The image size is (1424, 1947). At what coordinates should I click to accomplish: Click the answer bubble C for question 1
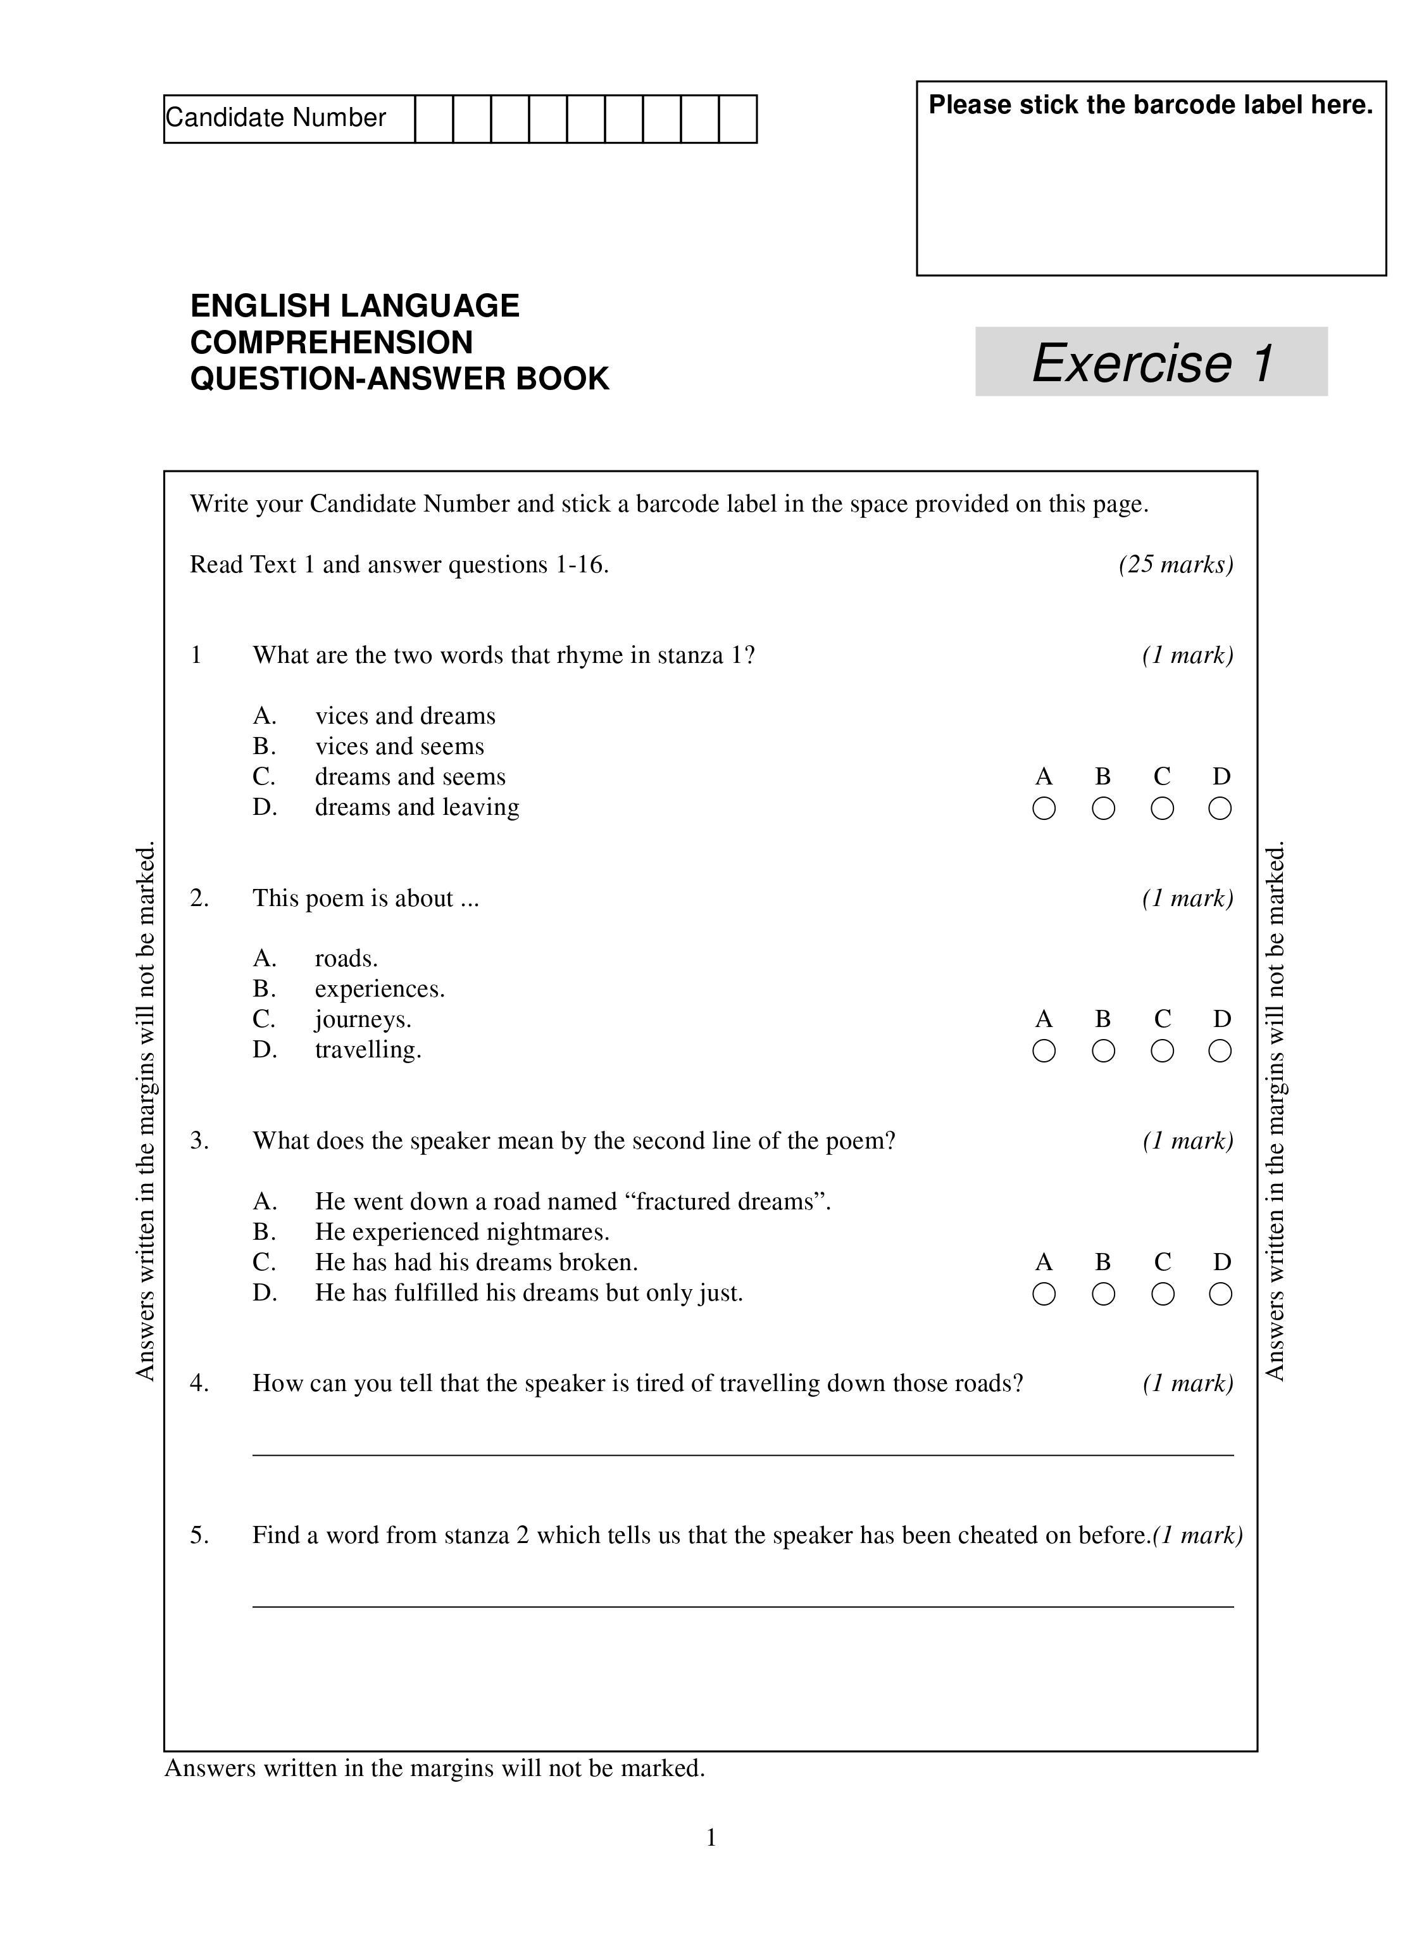pos(1162,809)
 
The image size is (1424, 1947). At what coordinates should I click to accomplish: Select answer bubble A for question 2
pos(1044,1051)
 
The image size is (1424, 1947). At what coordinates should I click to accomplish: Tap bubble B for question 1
pos(1103,809)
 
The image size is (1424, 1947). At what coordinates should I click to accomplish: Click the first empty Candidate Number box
pos(434,119)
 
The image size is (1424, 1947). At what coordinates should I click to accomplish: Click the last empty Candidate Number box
pos(738,119)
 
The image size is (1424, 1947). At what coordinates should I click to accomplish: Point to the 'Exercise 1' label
pos(1152,362)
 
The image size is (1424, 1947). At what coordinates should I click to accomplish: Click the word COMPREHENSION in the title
pos(332,343)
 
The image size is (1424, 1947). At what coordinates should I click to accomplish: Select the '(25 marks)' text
pos(1176,565)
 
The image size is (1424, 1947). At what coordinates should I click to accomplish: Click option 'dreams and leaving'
pos(417,807)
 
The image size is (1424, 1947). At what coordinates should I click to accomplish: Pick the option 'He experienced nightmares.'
pos(462,1232)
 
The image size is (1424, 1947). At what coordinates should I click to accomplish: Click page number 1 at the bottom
pos(711,1837)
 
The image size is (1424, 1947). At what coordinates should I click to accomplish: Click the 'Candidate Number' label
pos(276,118)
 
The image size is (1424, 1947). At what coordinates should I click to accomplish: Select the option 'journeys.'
pos(363,1019)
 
